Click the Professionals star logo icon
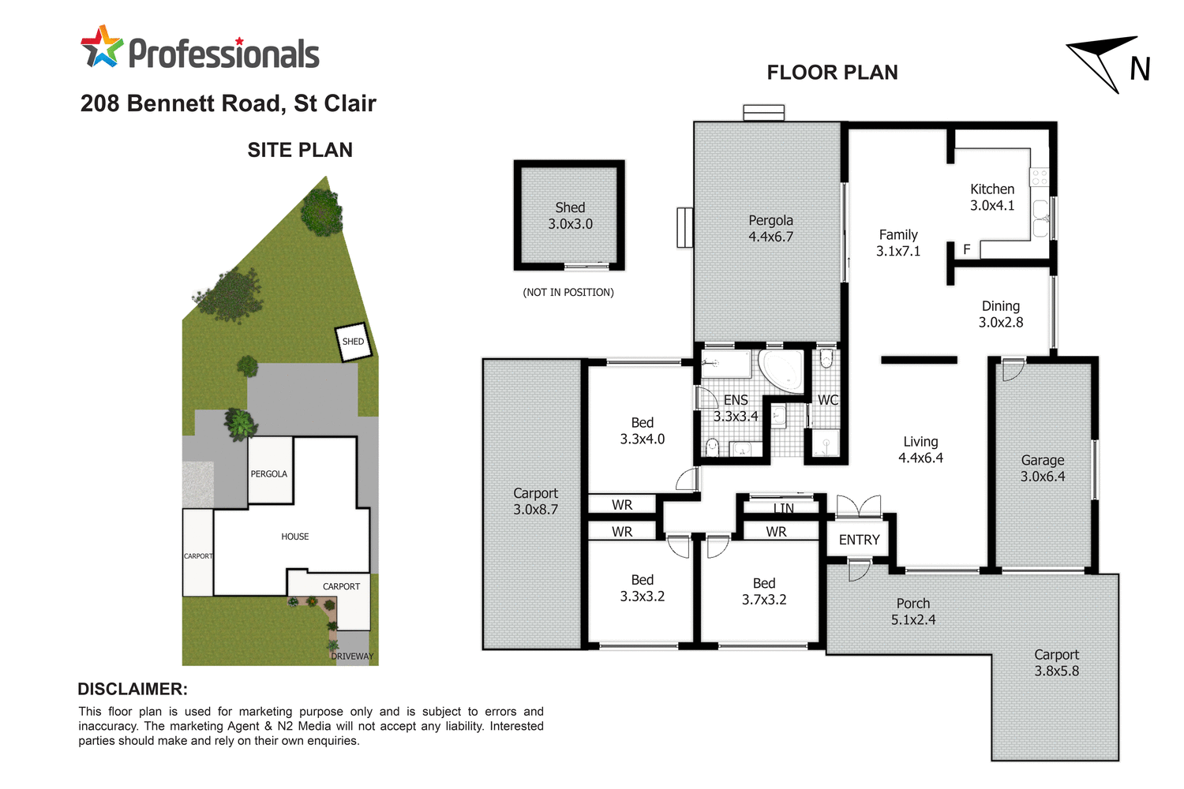[102, 47]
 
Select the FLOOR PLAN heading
[832, 73]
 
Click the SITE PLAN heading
[300, 150]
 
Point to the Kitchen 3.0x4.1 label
[992, 197]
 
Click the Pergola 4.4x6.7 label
[770, 229]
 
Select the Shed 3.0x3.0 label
[570, 216]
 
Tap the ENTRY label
[859, 540]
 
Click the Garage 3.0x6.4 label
[1042, 468]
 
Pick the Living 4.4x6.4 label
[920, 450]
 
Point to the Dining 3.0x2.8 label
[1000, 314]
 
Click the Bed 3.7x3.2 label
[763, 591]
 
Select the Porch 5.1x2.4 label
[912, 611]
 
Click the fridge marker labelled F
[966, 249]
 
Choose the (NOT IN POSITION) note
[568, 293]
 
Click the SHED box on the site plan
[353, 342]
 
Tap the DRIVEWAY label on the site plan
[352, 656]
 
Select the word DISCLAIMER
[133, 689]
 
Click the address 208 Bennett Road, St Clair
[228, 103]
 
